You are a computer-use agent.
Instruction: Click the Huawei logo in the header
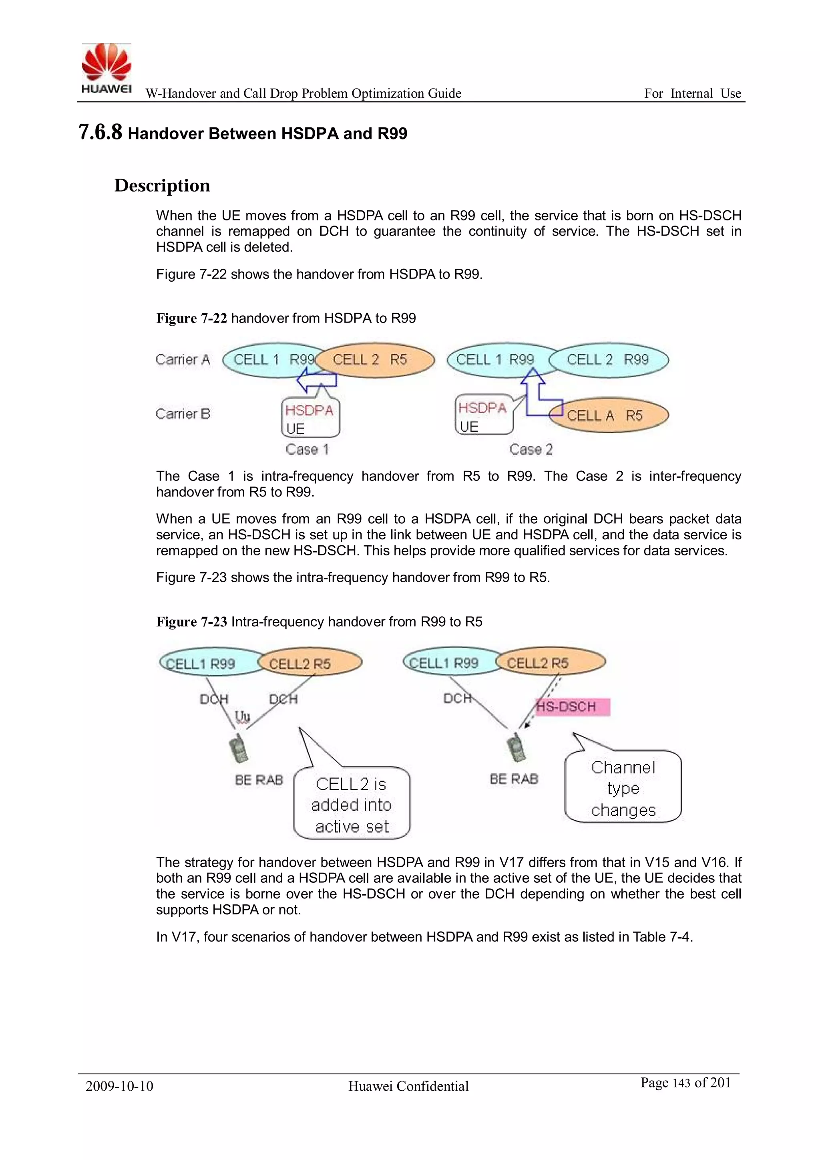pos(107,69)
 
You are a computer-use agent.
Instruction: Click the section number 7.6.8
pos(100,132)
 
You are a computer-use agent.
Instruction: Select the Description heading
pos(162,186)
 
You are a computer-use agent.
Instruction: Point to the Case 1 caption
pos(307,449)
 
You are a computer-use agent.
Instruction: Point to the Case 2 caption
pos(531,449)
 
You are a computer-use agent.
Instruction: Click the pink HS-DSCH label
pos(572,707)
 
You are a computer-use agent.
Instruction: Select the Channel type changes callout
pos(623,789)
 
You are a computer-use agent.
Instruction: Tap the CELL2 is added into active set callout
pos(352,805)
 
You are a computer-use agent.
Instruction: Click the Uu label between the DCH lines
pos(242,716)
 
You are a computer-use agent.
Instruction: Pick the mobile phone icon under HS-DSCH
pos(516,747)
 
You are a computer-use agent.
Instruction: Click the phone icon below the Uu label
pos(238,750)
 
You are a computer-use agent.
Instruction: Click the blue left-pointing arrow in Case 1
pos(316,380)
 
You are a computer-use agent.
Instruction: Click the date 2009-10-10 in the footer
pos(119,1086)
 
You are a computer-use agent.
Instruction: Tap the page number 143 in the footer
pos(681,1083)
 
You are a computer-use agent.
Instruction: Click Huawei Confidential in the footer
pos(408,1086)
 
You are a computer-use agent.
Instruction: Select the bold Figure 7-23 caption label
pos(191,622)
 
